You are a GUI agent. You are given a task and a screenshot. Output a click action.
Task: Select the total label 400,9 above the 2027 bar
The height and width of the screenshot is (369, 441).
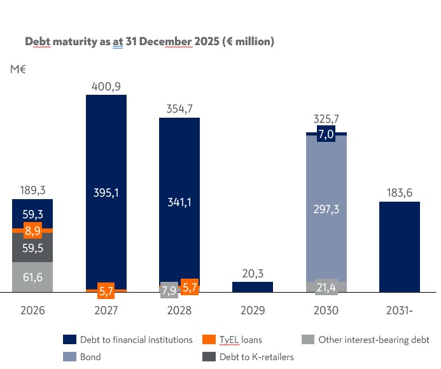pos(106,86)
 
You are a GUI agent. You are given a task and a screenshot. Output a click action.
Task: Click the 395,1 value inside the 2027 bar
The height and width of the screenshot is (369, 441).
pos(106,193)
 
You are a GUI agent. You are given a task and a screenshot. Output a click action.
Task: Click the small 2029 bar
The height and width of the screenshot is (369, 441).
pos(253,287)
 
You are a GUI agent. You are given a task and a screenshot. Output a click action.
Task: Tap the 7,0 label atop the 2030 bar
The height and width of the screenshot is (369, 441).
pos(326,134)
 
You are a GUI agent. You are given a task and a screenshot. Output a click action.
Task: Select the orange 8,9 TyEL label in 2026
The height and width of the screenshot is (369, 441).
pos(32,230)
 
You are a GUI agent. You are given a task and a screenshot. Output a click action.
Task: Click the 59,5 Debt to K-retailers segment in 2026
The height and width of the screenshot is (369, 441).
pos(32,248)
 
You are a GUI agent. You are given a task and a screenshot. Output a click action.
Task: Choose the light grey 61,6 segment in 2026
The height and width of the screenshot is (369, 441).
pos(32,277)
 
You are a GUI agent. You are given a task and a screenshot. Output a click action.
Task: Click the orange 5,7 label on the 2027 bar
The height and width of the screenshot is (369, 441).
pos(106,292)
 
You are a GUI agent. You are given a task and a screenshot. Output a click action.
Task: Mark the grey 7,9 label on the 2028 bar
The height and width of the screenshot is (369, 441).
pos(169,290)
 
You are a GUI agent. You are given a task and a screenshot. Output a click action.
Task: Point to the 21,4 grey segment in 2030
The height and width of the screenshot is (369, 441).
pos(326,287)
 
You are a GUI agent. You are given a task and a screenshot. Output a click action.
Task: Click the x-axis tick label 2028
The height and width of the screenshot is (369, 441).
pos(179,311)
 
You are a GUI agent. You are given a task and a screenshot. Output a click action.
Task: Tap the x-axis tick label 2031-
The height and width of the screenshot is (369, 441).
pos(399,311)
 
